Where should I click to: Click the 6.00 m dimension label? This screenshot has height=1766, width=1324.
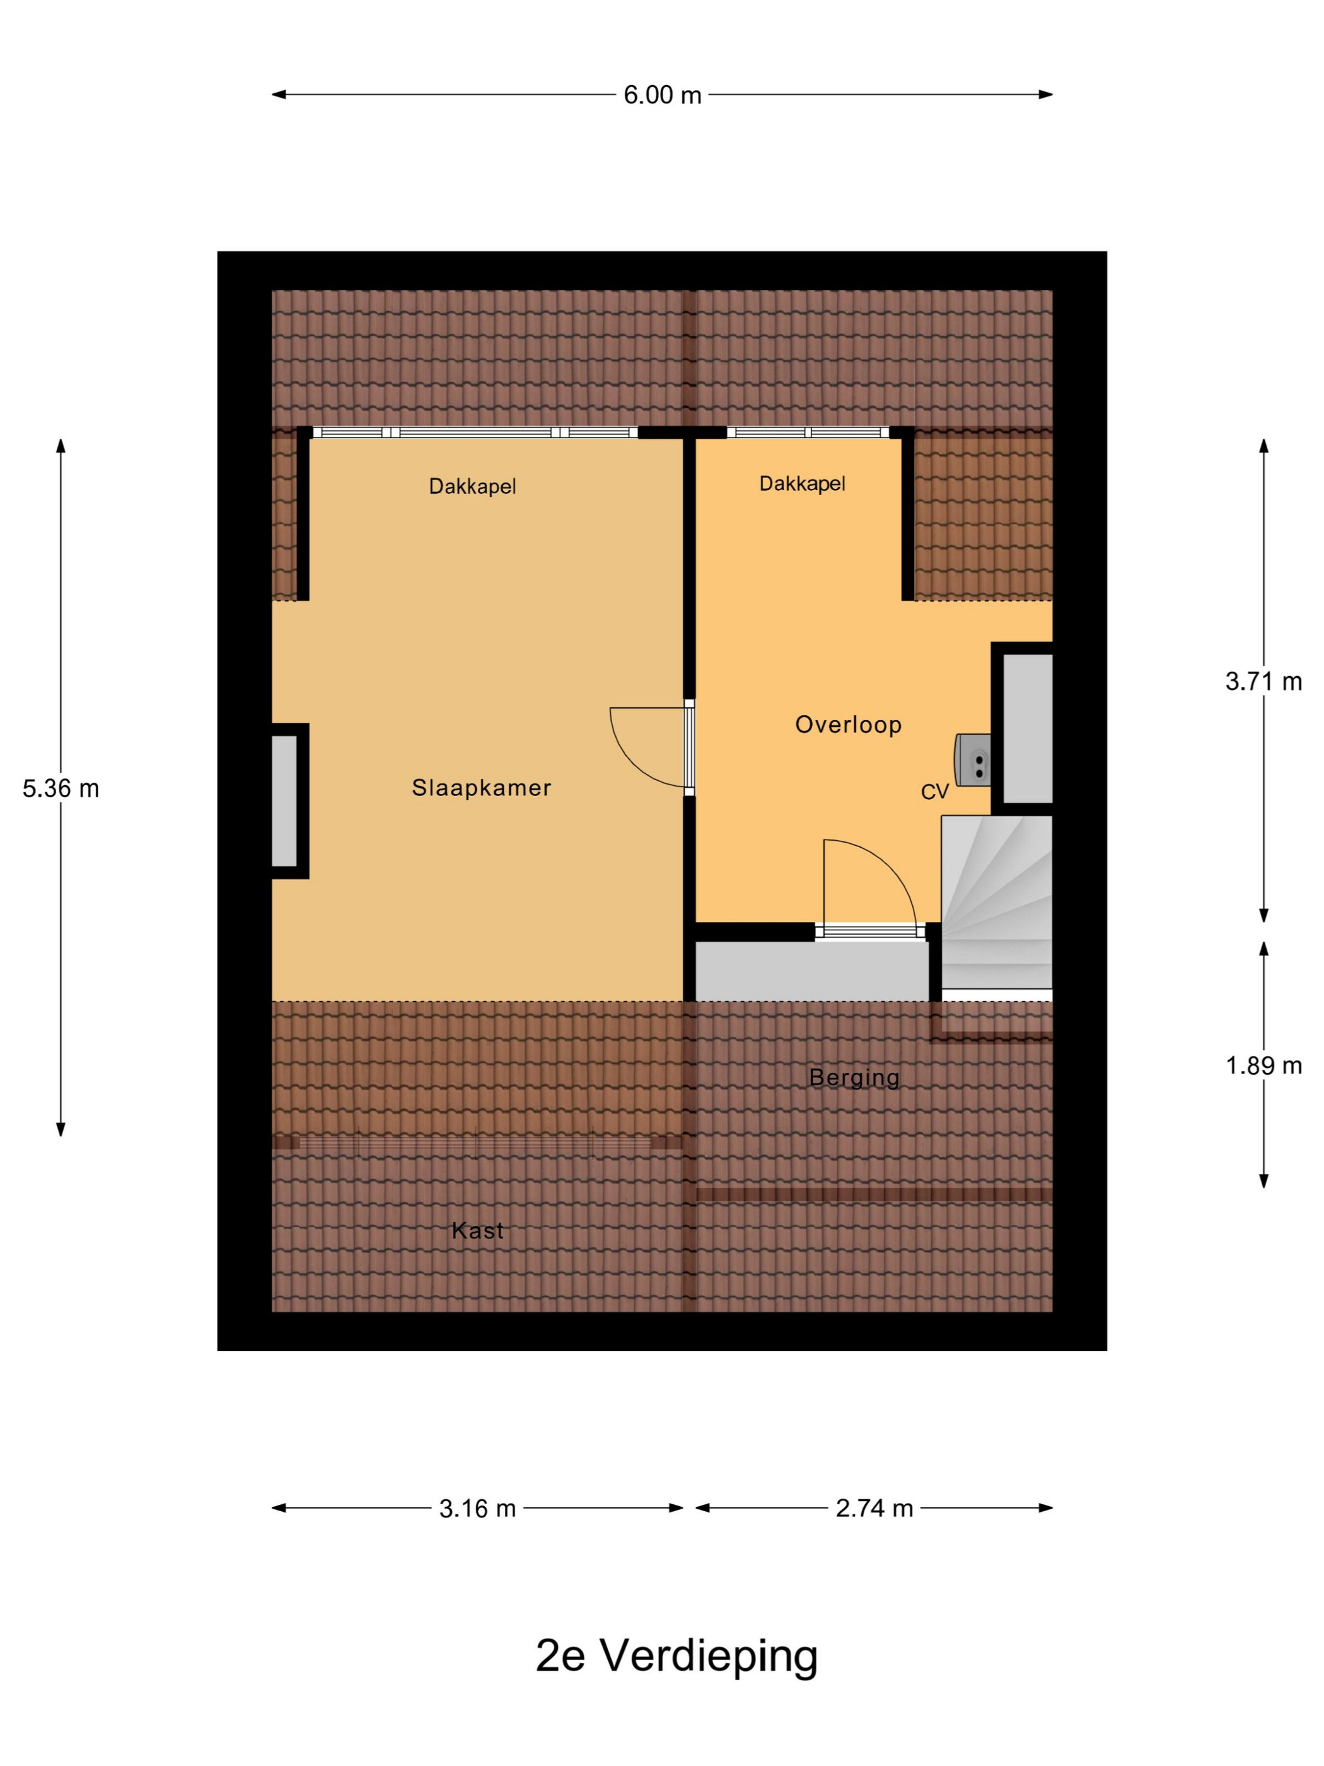[661, 95]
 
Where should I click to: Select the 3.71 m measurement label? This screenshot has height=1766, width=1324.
[1263, 681]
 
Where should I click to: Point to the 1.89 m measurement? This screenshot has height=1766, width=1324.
[1263, 1065]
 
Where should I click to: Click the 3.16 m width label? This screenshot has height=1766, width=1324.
[477, 1508]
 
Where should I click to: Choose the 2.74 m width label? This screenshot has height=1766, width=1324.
[874, 1508]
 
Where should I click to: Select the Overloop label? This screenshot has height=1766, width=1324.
[849, 724]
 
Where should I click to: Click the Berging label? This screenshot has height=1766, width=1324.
[854, 1078]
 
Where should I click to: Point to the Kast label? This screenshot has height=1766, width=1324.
[477, 1231]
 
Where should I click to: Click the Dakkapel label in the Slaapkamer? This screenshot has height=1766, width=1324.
[472, 486]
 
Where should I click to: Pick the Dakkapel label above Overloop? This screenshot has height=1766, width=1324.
[802, 483]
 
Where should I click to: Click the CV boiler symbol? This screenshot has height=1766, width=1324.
[973, 761]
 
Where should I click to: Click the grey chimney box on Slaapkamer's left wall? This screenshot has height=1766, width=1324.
[285, 801]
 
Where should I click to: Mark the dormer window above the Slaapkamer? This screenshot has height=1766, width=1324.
[475, 433]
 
